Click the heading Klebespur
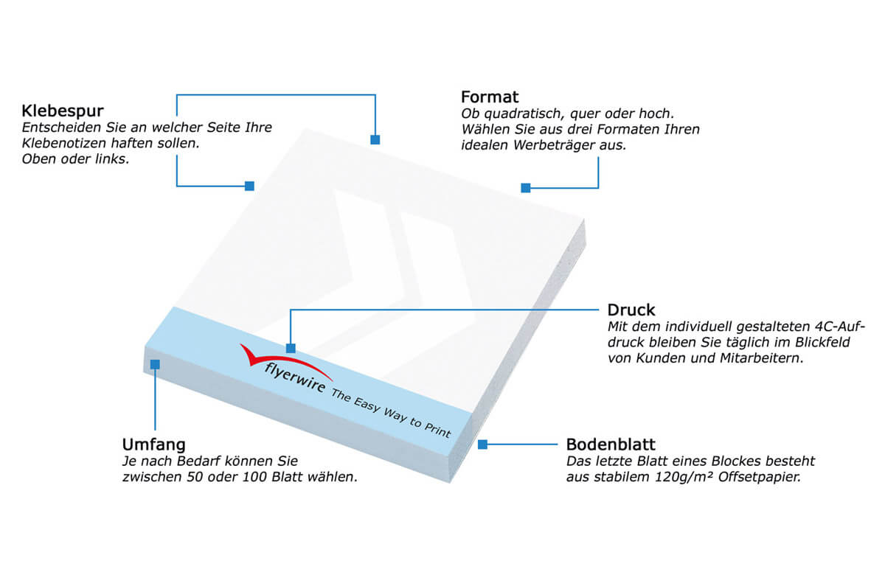coord(63,111)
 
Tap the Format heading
coord(490,97)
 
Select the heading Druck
coord(631,310)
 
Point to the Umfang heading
coord(153,445)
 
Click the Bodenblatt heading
coord(611,445)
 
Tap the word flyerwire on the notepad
coord(295,377)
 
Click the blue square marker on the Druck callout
coord(291,348)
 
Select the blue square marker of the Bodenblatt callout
coord(482,445)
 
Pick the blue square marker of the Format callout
coord(525,188)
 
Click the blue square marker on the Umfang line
coord(155,364)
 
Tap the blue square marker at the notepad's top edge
coord(375,140)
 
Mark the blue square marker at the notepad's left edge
coord(249,186)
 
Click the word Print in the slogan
coord(437,430)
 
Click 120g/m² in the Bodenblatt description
coord(683,477)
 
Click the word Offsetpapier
coord(760,477)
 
